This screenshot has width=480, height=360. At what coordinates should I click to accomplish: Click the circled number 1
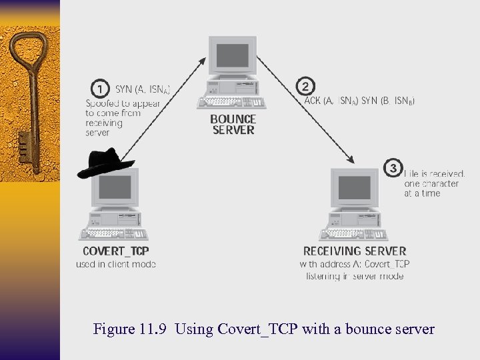click(x=99, y=88)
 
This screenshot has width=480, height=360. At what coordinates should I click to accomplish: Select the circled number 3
click(x=392, y=167)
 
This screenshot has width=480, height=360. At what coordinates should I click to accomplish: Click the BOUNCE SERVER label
click(x=233, y=125)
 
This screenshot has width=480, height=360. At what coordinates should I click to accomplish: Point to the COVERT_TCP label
click(x=115, y=251)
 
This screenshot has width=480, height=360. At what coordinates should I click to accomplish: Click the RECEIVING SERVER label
click(x=355, y=251)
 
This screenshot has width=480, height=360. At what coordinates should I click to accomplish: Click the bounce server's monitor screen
click(x=232, y=56)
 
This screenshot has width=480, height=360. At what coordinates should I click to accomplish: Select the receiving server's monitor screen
click(x=353, y=187)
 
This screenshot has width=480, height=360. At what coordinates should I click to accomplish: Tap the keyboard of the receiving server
click(x=353, y=233)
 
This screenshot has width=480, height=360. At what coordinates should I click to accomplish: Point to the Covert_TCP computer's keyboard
click(x=113, y=233)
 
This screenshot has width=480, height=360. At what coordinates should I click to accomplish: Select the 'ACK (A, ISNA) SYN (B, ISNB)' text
click(x=359, y=101)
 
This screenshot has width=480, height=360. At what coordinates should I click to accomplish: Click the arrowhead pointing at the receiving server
click(x=349, y=160)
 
